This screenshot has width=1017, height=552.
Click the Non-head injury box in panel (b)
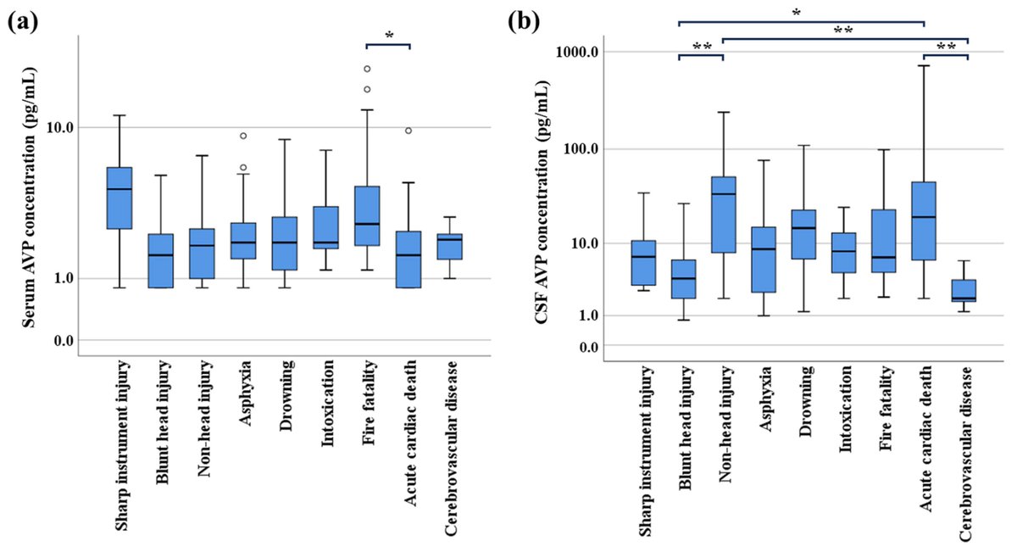click(x=723, y=215)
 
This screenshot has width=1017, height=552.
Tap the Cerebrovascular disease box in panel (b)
click(x=964, y=291)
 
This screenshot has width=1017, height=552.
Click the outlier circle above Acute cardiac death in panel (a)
click(x=408, y=131)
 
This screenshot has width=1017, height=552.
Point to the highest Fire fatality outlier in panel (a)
click(x=367, y=69)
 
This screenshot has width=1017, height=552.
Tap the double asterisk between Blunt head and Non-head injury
click(x=701, y=48)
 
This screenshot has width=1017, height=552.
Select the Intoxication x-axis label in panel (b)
click(x=845, y=407)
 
